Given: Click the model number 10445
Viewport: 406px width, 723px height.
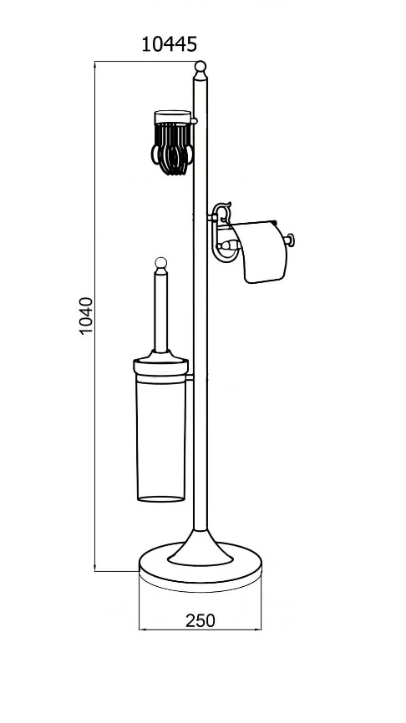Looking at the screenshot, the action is click(169, 45).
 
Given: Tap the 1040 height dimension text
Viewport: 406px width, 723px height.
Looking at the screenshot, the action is click(86, 316).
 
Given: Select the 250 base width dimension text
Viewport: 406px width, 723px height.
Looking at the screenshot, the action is click(200, 620).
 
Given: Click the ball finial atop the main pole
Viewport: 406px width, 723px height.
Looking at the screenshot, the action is click(200, 67).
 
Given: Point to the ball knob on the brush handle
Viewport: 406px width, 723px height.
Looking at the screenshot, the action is click(160, 263).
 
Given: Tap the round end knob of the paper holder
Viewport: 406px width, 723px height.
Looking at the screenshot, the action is click(290, 240).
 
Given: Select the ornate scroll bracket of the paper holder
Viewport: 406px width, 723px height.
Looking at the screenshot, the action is click(221, 232).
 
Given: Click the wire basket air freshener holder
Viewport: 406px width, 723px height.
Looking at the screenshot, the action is click(172, 143).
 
